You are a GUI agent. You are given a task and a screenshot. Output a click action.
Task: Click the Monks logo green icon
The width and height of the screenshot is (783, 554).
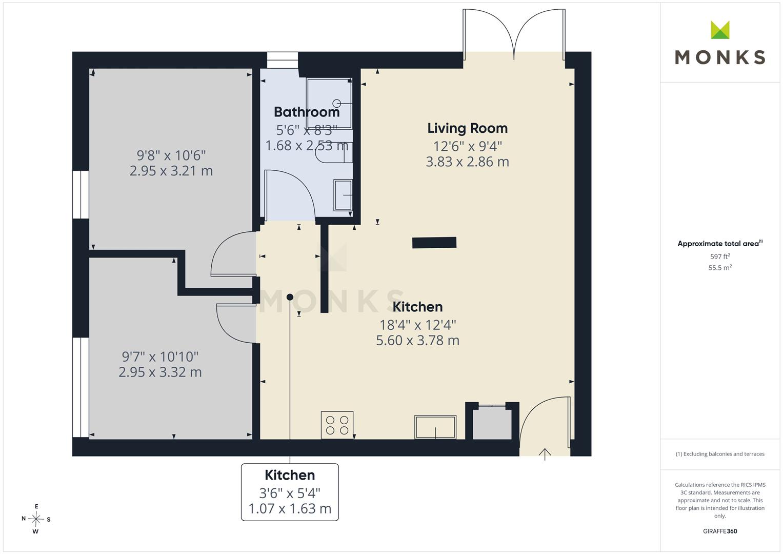point(720,30)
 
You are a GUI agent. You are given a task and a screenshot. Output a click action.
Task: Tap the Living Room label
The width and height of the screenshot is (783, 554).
point(467,129)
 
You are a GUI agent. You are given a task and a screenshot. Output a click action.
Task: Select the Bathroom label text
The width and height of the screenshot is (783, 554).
point(307,112)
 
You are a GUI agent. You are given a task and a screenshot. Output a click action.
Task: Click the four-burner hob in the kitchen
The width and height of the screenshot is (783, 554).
point(337,425)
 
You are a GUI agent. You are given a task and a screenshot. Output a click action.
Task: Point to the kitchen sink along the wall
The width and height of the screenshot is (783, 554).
point(435,427)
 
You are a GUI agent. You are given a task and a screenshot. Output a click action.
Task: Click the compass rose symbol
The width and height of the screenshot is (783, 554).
point(36,519)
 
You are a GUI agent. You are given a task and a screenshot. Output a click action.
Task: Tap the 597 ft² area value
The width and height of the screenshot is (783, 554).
point(720,256)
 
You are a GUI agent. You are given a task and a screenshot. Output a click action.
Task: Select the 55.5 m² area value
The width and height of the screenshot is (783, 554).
point(720,268)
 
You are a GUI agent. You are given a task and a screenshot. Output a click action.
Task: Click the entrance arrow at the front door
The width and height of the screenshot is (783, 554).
point(545,454)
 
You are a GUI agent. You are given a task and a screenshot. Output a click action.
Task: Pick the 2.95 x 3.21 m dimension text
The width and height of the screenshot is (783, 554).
point(171,171)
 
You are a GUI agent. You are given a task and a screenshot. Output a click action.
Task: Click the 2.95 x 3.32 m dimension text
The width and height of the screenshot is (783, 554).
point(160,372)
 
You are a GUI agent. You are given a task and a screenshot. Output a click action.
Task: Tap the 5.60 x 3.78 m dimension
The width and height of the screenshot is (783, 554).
point(418,340)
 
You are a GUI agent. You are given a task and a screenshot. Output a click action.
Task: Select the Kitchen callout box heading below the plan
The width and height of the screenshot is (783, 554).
point(290,475)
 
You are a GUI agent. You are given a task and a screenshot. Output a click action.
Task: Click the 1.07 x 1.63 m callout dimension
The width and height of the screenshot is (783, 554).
point(290,508)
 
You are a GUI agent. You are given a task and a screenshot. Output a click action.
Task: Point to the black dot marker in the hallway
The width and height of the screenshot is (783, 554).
point(290,297)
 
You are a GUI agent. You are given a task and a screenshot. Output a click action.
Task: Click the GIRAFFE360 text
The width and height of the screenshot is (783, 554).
point(720,531)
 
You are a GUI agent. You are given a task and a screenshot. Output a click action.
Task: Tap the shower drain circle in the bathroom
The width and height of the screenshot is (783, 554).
point(336,103)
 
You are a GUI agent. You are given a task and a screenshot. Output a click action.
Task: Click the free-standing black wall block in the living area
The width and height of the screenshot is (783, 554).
point(434,242)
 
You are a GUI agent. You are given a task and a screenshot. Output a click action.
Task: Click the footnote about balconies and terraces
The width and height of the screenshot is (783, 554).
point(720,454)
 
